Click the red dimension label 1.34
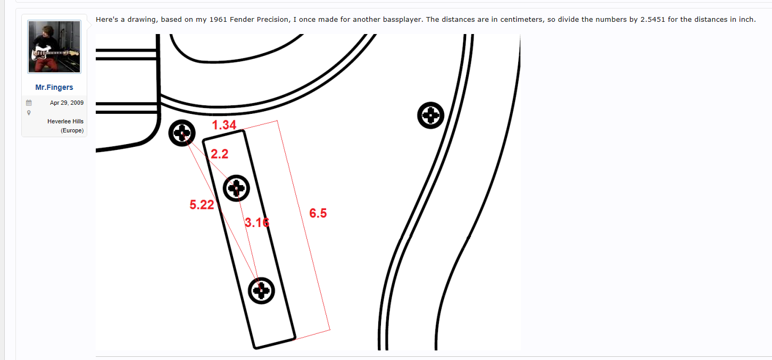(x=224, y=125)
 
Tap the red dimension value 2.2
(x=220, y=154)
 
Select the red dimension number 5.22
(x=202, y=205)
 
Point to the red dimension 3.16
(x=257, y=223)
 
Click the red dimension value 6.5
(x=318, y=213)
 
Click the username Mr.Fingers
(x=54, y=87)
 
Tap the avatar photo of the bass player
(x=54, y=46)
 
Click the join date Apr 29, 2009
(x=67, y=103)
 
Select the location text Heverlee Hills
(x=65, y=121)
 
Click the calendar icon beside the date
(x=29, y=103)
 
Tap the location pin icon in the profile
(x=29, y=113)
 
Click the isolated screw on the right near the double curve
(x=430, y=115)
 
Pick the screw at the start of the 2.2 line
(x=182, y=133)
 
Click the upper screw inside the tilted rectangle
(x=236, y=188)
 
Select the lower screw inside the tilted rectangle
(x=261, y=290)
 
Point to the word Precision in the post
(x=273, y=19)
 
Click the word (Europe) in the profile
(x=72, y=130)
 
